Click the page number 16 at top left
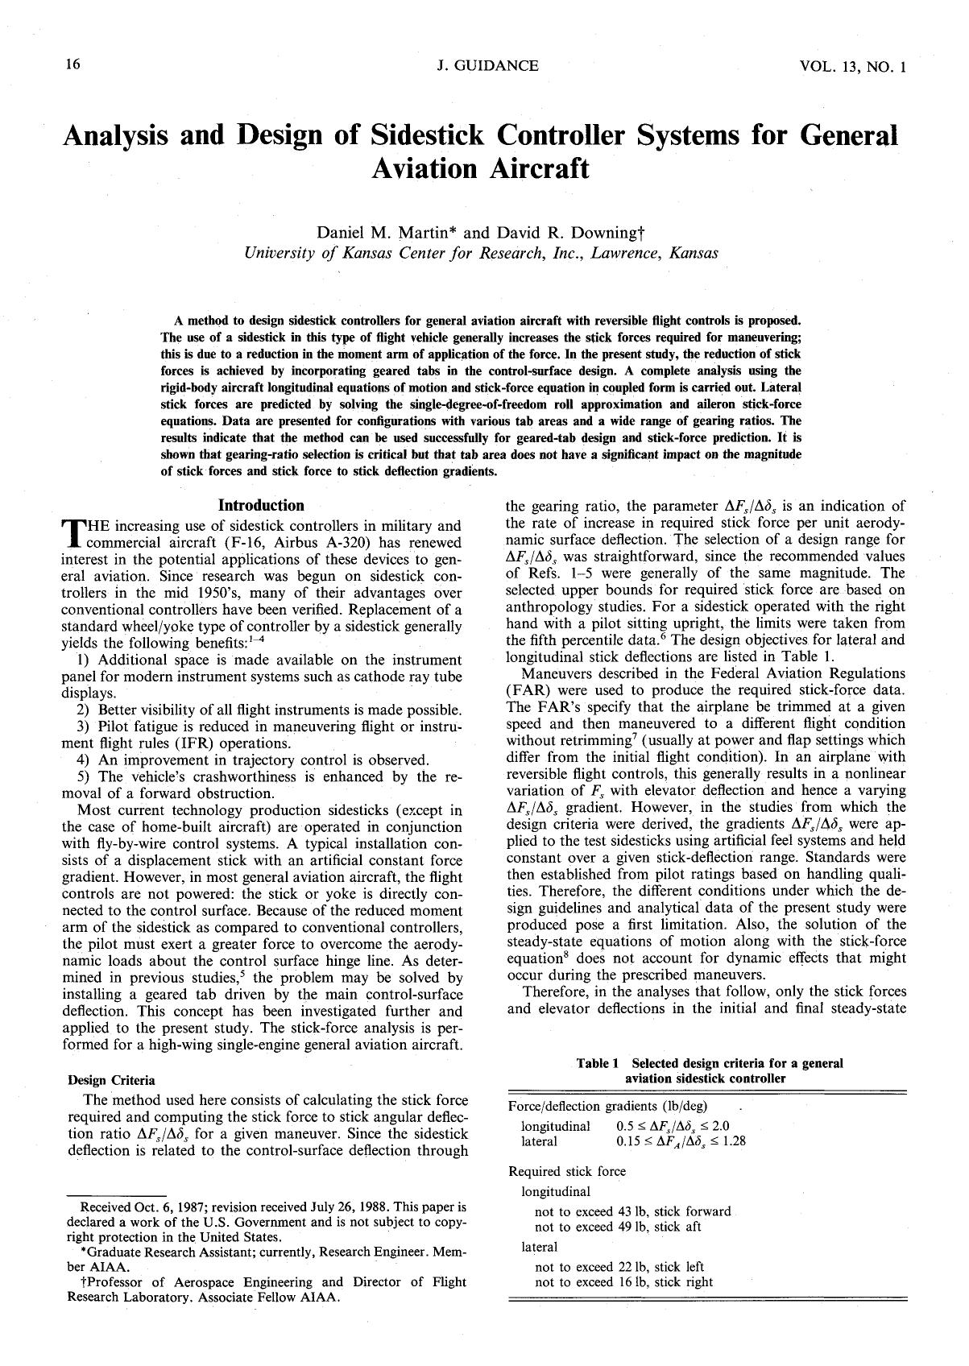point(72,64)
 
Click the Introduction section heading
point(262,506)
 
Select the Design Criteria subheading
point(112,1080)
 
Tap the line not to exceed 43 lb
point(632,1211)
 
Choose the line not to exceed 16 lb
point(624,1283)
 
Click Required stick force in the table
point(567,1171)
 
